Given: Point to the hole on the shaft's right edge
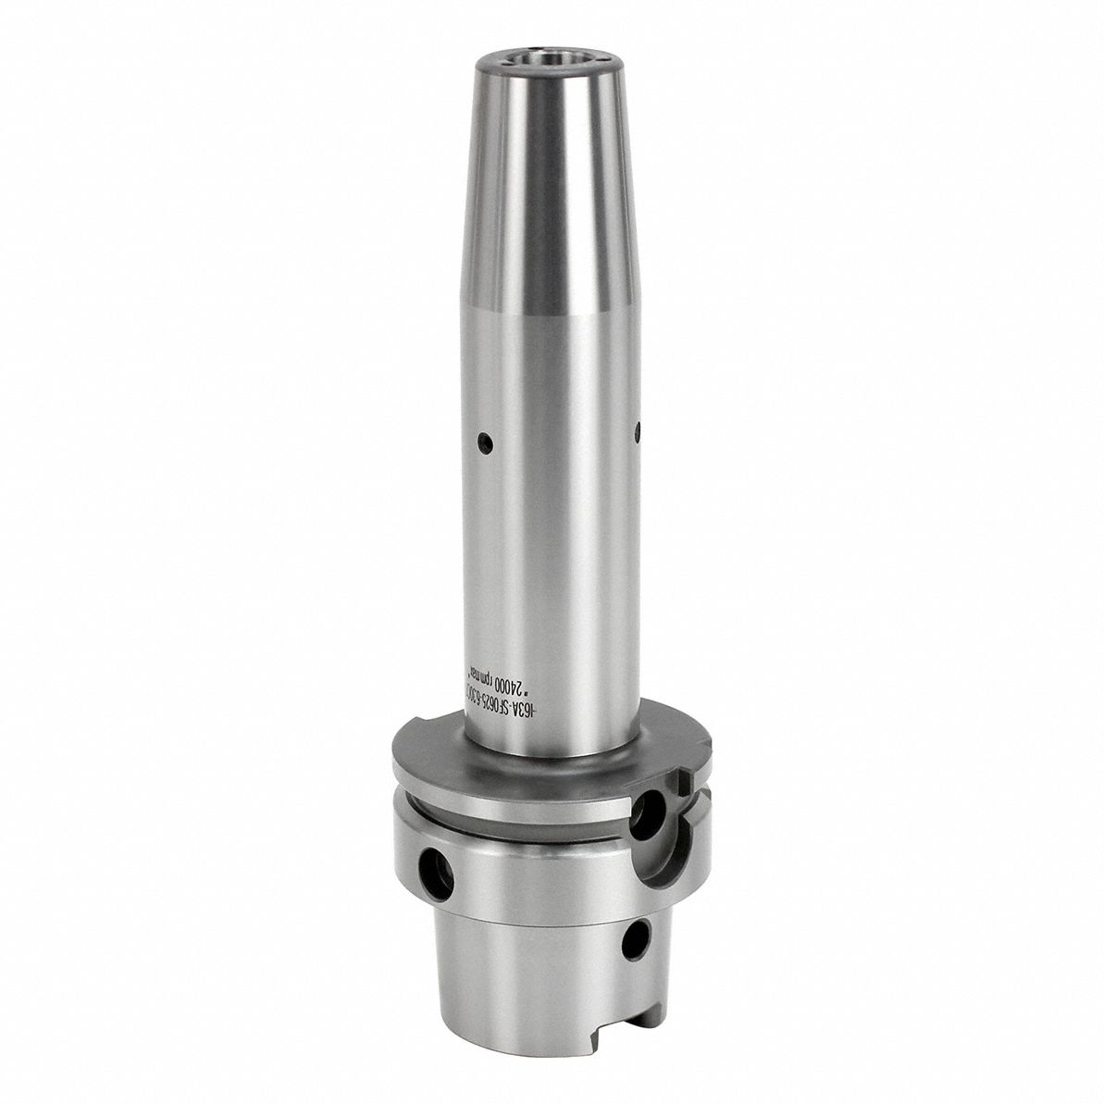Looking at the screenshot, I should (637, 428).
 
